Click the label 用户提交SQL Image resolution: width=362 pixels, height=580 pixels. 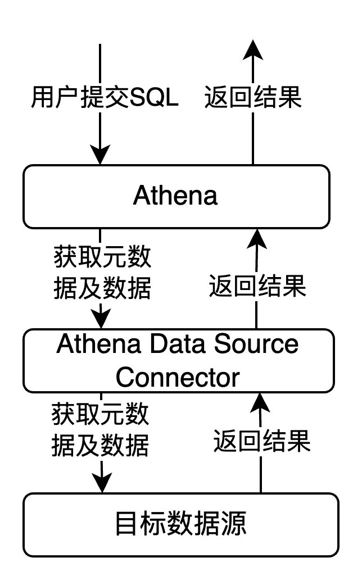point(104,99)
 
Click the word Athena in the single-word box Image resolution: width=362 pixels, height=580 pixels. point(175,196)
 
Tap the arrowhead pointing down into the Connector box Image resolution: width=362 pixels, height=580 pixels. point(101,319)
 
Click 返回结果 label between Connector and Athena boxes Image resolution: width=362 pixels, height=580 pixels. point(257,287)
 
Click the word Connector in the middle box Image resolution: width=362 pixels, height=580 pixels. point(178,377)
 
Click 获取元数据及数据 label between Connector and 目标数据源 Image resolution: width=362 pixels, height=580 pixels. point(101,431)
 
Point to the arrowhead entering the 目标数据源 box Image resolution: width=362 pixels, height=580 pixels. point(102,482)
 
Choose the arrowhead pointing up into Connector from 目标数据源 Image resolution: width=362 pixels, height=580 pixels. point(261,402)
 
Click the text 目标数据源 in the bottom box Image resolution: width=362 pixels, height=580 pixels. point(180,525)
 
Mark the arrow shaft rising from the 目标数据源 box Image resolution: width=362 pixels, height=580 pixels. point(261,475)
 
